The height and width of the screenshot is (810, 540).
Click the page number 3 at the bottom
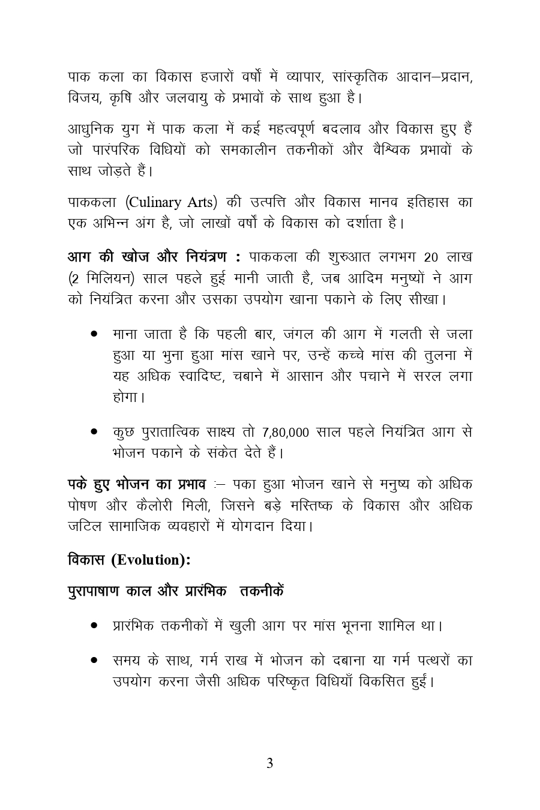270,764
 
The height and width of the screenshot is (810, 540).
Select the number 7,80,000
286,432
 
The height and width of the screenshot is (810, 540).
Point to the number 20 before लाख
431,257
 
